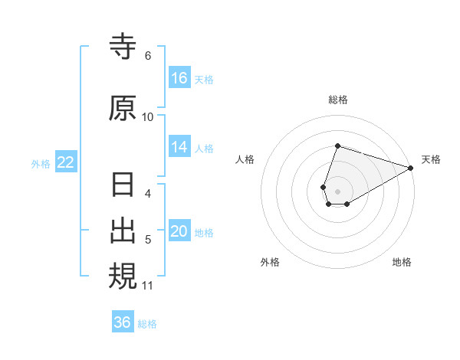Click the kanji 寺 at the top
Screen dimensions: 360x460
pyautogui.click(x=123, y=47)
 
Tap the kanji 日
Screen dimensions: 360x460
pyautogui.click(x=123, y=186)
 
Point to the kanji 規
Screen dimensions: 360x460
pyautogui.click(x=123, y=275)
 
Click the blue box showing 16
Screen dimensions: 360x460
pyautogui.click(x=179, y=78)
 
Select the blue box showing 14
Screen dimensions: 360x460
pyautogui.click(x=179, y=147)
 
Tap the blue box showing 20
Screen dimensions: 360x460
pyautogui.click(x=179, y=232)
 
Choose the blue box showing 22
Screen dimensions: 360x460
pyautogui.click(x=66, y=162)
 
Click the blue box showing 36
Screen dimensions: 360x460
pyautogui.click(x=123, y=322)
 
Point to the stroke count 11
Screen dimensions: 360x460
pyautogui.click(x=148, y=286)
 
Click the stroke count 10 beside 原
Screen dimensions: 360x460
pyautogui.click(x=148, y=116)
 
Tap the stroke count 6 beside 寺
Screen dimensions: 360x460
pyautogui.click(x=147, y=55)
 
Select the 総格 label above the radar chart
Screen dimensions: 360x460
pyautogui.click(x=337, y=100)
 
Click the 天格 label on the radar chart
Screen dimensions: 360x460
pyautogui.click(x=431, y=159)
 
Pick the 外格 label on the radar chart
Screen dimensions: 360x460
pyautogui.click(x=270, y=262)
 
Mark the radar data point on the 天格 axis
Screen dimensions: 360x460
pyautogui.click(x=411, y=168)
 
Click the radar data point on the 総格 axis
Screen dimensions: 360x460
pyautogui.click(x=337, y=146)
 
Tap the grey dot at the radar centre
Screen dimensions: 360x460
pyautogui.click(x=337, y=191)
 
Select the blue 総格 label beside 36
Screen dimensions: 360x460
pyautogui.click(x=147, y=324)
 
